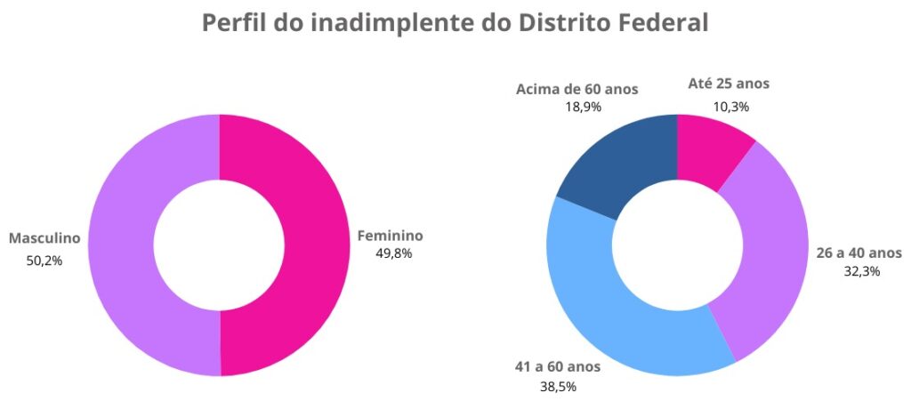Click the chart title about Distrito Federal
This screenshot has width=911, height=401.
click(455, 23)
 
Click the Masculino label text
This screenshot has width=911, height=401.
click(44, 238)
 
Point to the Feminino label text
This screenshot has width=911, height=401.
click(390, 236)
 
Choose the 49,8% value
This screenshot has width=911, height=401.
click(394, 253)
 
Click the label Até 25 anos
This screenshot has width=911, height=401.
click(729, 84)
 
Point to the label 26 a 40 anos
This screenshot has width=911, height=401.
click(859, 253)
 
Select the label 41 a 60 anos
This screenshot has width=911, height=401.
click(557, 366)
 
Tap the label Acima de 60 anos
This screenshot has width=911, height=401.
click(576, 88)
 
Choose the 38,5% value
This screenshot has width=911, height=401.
click(558, 386)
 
